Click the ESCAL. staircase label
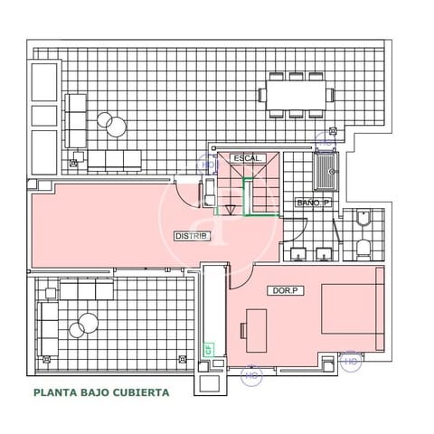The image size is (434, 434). point(246,159)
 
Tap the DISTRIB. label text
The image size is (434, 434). point(192,237)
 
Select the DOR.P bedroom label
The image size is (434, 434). point(286,291)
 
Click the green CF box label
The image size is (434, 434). point(208,347)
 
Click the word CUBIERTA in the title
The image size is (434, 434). point(137,393)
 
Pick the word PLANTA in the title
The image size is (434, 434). point(52,393)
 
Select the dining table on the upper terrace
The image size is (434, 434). point(295,94)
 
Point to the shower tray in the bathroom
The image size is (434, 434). point(325,169)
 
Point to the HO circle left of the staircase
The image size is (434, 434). point(207,165)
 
